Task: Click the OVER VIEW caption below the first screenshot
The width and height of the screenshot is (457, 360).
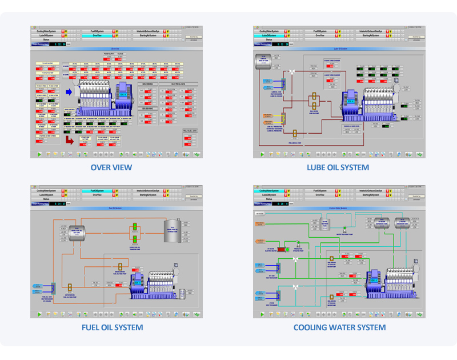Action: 111,167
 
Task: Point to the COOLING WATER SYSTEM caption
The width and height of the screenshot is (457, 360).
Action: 339,327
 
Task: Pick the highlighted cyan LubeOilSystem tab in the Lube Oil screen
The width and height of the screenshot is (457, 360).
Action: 268,35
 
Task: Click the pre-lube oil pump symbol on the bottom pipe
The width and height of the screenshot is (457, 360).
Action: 294,133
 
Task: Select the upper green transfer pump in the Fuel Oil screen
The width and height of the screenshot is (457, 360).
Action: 135,229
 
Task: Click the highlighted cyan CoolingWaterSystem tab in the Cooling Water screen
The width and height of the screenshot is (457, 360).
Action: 268,191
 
